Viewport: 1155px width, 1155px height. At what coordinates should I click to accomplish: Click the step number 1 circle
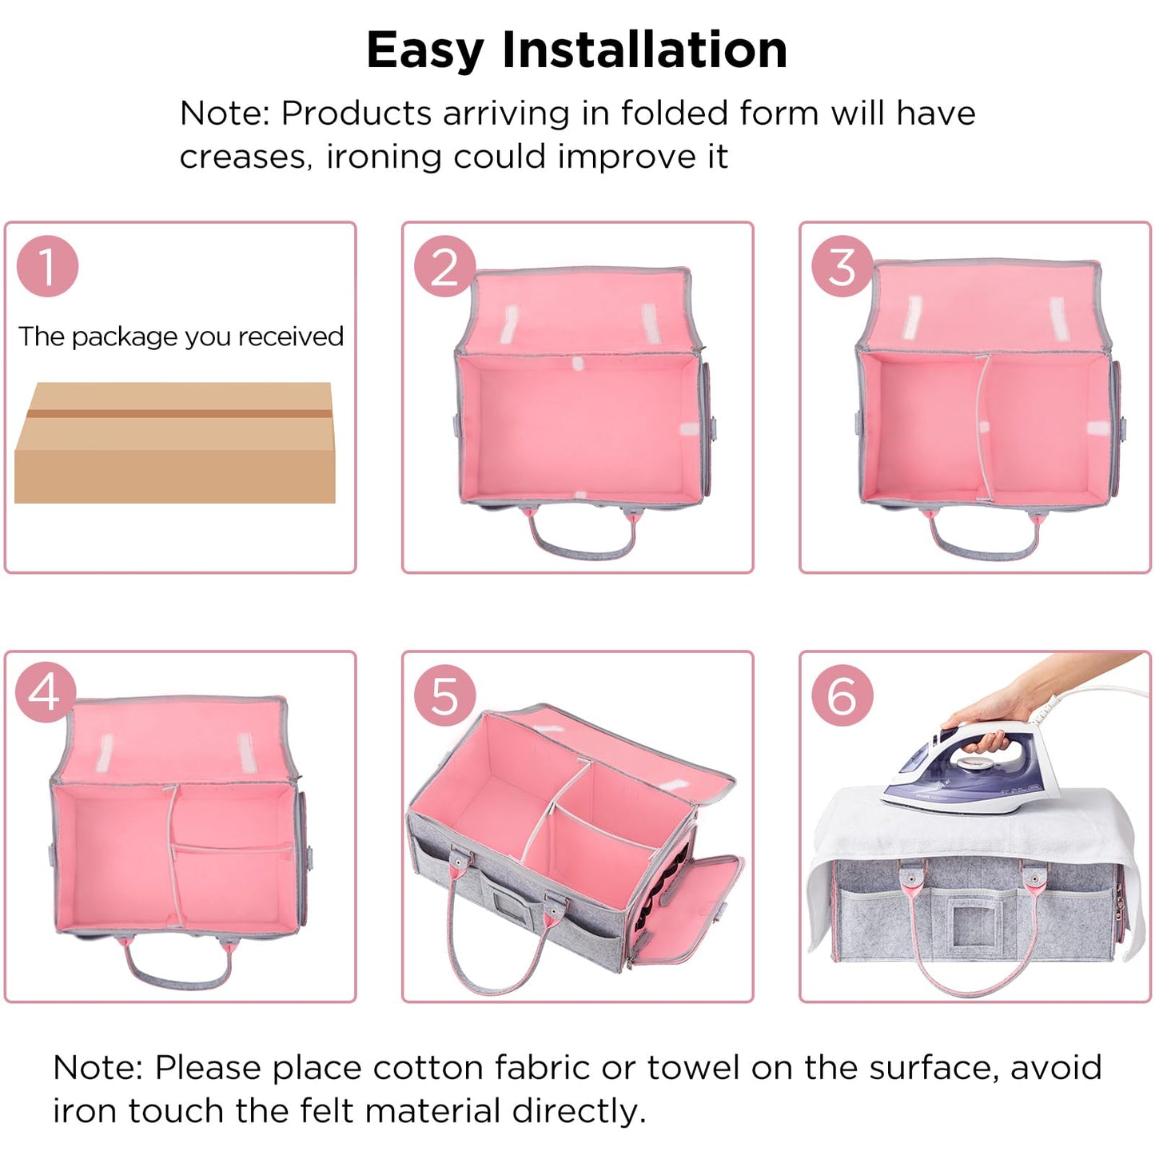coord(47,266)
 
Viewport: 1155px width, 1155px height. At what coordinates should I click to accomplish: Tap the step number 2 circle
coord(444,266)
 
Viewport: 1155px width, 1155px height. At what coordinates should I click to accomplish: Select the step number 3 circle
coord(842,266)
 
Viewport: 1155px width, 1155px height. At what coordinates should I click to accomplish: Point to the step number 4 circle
coord(46,692)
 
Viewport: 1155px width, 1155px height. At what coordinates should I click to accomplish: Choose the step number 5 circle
coord(444,695)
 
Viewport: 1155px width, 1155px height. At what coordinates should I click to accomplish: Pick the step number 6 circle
coord(842,695)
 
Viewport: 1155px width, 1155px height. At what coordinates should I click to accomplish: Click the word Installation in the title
coord(644,50)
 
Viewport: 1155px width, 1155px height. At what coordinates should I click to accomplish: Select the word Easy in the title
coord(424,50)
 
